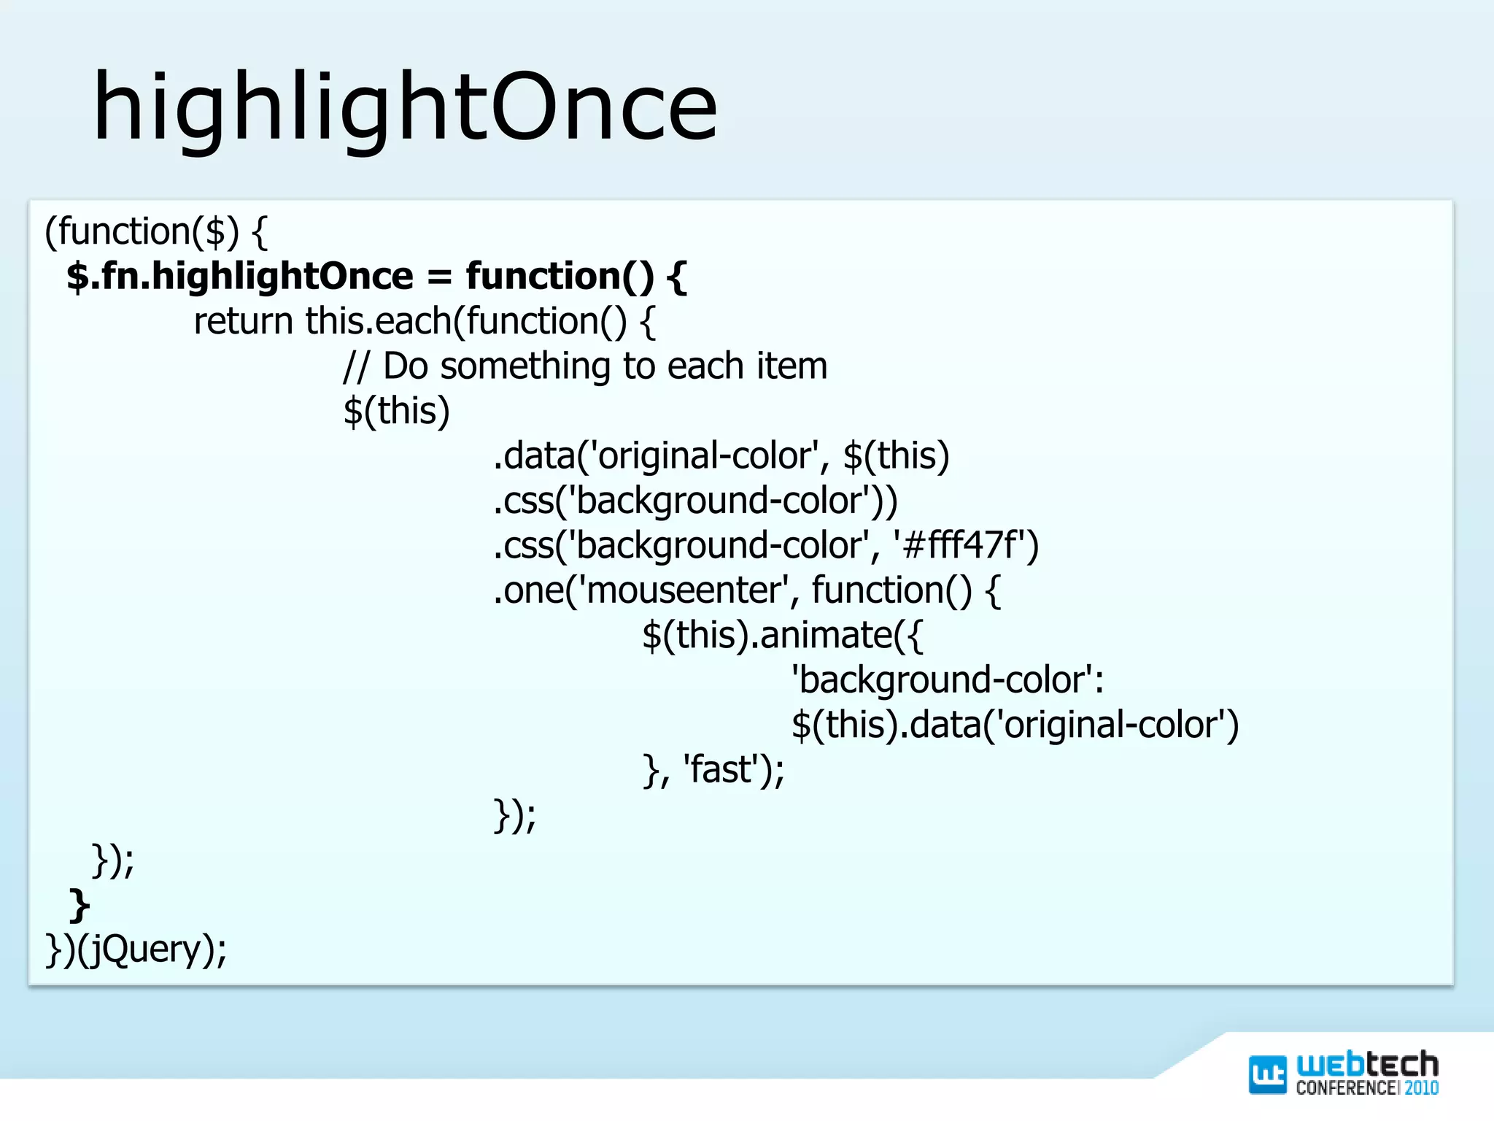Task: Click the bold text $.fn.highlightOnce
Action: click(239, 277)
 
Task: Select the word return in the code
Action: click(243, 322)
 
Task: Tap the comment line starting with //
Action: click(585, 366)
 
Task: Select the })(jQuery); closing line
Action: click(136, 949)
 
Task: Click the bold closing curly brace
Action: click(79, 906)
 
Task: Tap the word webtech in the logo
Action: click(1366, 1065)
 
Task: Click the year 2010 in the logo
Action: click(1421, 1088)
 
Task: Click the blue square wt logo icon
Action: click(1267, 1075)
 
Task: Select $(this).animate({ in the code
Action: click(782, 635)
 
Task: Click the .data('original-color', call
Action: click(660, 456)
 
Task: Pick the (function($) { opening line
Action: click(156, 232)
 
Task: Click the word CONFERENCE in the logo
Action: click(1346, 1088)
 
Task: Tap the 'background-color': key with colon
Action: click(947, 680)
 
